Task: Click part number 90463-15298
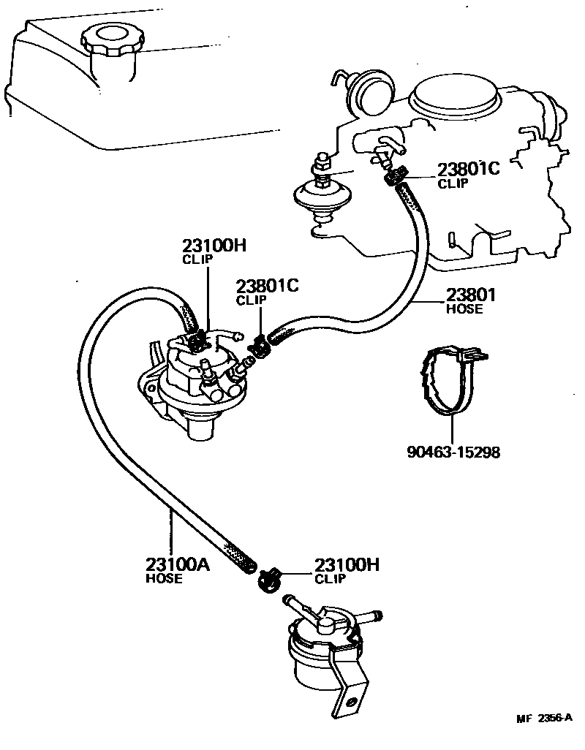(453, 452)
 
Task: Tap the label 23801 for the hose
(471, 295)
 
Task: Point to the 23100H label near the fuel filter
(347, 565)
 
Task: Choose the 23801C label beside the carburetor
(468, 170)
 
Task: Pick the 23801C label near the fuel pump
(267, 286)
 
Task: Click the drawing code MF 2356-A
(546, 718)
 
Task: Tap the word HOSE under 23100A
(163, 579)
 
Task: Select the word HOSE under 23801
(464, 308)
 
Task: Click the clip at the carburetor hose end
(395, 176)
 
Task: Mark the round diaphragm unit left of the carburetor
(319, 194)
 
